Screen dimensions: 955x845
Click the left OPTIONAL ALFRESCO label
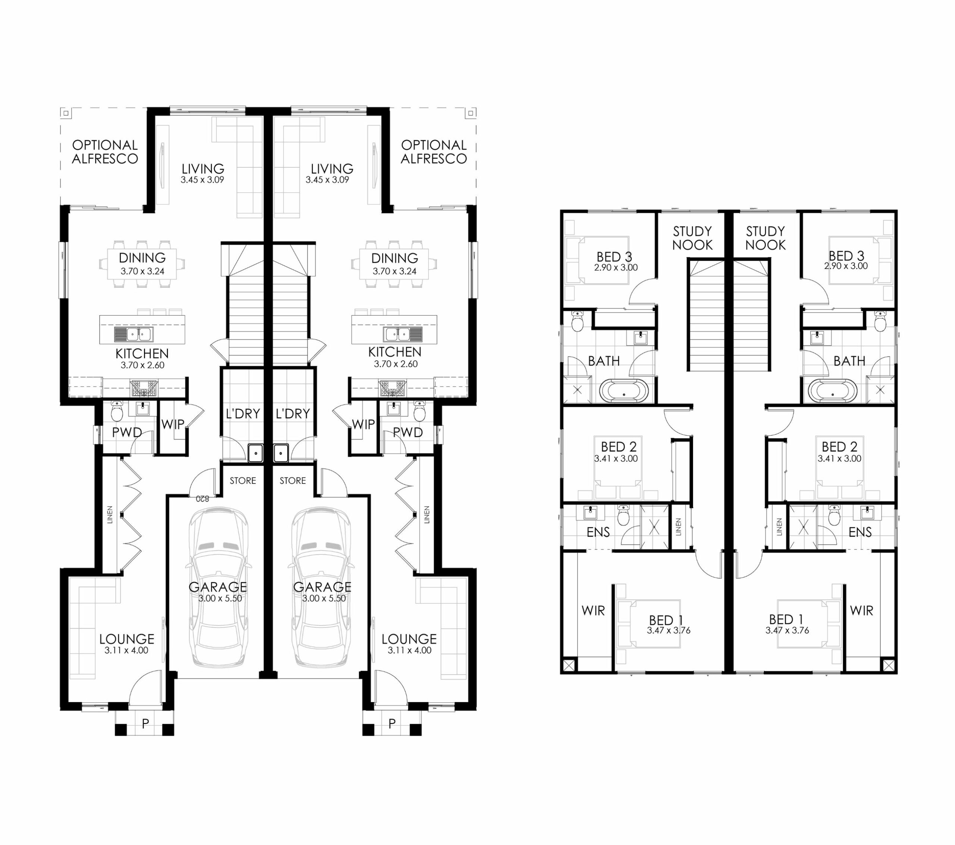pos(105,152)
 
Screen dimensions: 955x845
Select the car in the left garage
pos(218,588)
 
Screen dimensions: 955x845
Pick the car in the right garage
pos(322,588)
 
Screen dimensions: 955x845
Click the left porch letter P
pos(145,723)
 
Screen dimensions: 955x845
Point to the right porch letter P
pos(392,723)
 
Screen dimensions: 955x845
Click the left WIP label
pos(173,425)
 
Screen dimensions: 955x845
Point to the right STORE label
pos(293,481)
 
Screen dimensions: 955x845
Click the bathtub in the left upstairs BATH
pos(624,391)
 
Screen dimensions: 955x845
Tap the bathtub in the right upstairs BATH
pos(833,391)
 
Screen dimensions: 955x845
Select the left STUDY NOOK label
pos(692,238)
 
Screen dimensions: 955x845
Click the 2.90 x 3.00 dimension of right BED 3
pos(846,266)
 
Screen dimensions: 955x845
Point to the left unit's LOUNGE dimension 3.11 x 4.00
pos(126,650)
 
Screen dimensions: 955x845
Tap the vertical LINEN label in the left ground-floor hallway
pos(110,514)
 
